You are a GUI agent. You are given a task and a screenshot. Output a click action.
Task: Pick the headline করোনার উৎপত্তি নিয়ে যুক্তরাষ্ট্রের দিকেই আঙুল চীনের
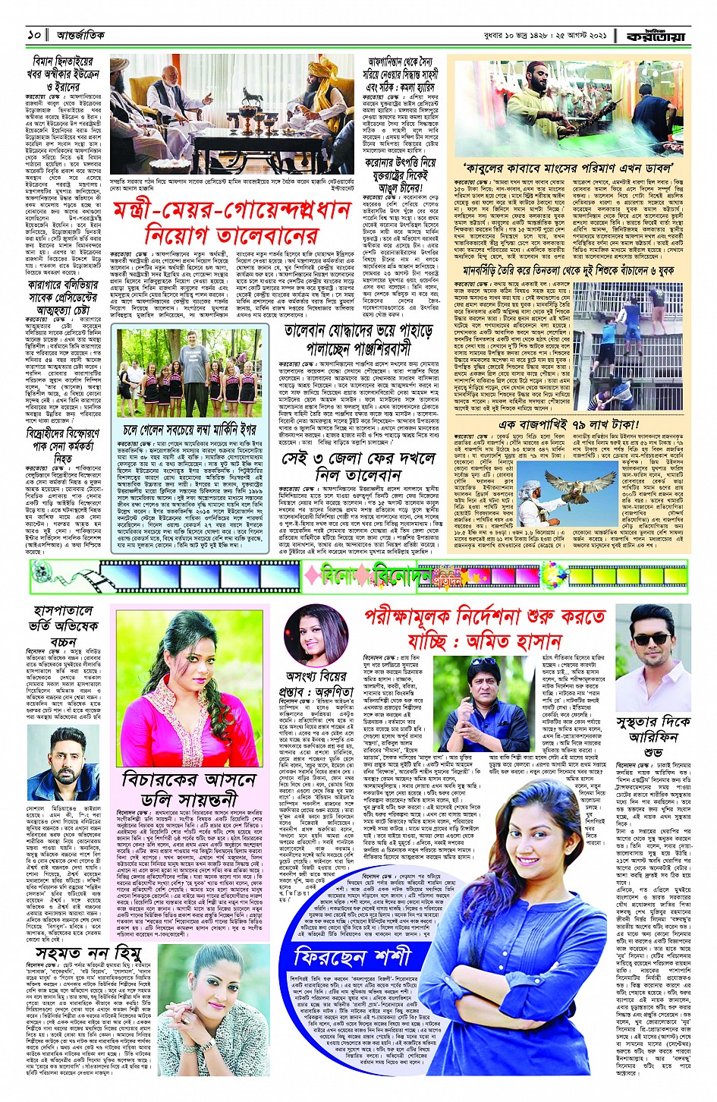click(402, 174)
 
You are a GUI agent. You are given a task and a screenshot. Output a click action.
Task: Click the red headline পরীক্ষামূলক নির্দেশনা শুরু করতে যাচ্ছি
click(486, 626)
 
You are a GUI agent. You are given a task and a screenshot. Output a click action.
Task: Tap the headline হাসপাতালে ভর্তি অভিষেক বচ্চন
click(64, 626)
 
